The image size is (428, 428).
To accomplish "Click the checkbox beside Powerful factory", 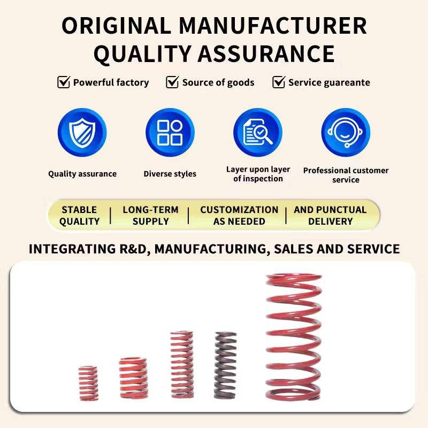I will (64, 82).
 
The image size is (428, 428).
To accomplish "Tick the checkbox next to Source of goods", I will (172, 82).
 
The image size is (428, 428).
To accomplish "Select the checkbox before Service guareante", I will (279, 82).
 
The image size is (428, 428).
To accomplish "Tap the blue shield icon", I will (82, 132).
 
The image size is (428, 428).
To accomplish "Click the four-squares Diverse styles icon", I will (170, 132).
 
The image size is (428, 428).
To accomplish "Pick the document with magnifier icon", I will (258, 132).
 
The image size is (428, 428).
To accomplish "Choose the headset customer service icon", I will (346, 132).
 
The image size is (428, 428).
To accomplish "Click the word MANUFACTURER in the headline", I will (273, 26).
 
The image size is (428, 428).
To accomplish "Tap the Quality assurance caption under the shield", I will (82, 174).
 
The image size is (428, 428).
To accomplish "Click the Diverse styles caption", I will (170, 174).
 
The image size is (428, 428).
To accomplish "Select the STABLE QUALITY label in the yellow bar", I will (79, 215).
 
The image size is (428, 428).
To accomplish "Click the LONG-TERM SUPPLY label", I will (150, 215).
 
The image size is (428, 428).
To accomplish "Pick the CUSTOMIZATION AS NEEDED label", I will (239, 215).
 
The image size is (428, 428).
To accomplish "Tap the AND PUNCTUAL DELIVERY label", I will (330, 215).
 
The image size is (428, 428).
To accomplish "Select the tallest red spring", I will (294, 337).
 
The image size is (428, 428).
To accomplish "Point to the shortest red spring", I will (88, 383).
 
